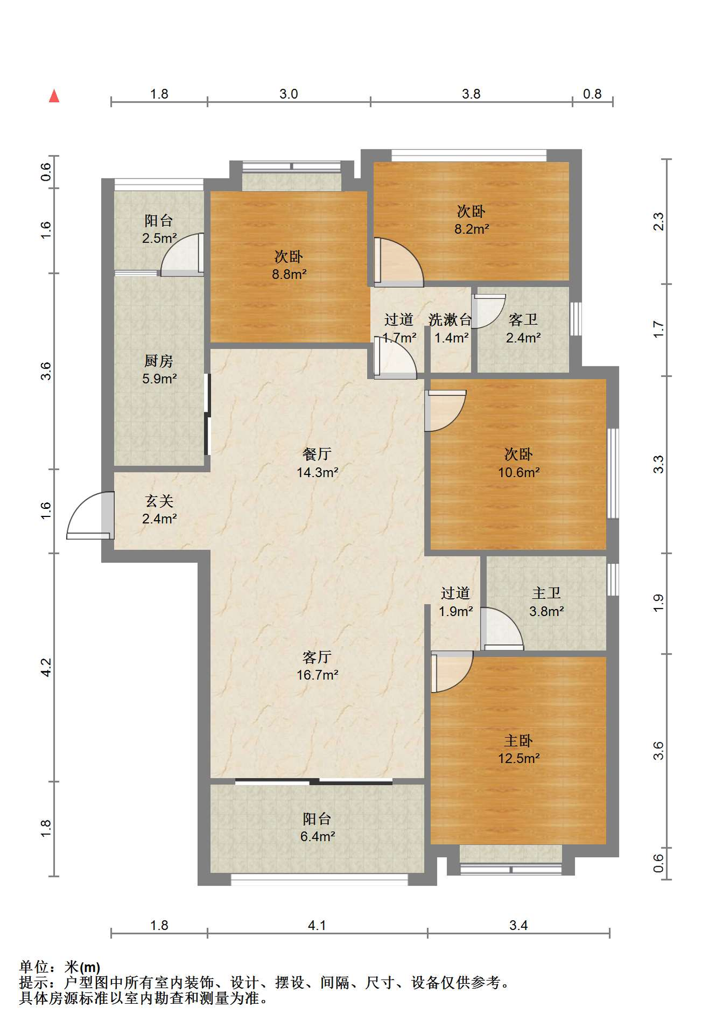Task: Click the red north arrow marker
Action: point(54,96)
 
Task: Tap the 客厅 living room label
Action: point(317,657)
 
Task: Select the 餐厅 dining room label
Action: point(317,454)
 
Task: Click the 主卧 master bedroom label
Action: point(518,741)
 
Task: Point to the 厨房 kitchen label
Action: point(159,361)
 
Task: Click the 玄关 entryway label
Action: point(160,501)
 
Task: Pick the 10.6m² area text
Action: point(519,472)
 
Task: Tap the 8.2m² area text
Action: point(472,229)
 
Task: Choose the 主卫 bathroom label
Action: point(546,593)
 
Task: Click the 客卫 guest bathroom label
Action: point(523,320)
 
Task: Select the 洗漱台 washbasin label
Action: point(450,320)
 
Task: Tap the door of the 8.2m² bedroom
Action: point(399,262)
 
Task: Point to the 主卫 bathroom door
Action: point(502,629)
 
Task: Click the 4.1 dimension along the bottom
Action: point(317,925)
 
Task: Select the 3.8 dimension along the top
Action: point(471,94)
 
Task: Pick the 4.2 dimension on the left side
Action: point(46,667)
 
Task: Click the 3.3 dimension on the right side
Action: point(659,464)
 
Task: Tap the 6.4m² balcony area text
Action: point(317,837)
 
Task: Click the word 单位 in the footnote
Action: point(34,967)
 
